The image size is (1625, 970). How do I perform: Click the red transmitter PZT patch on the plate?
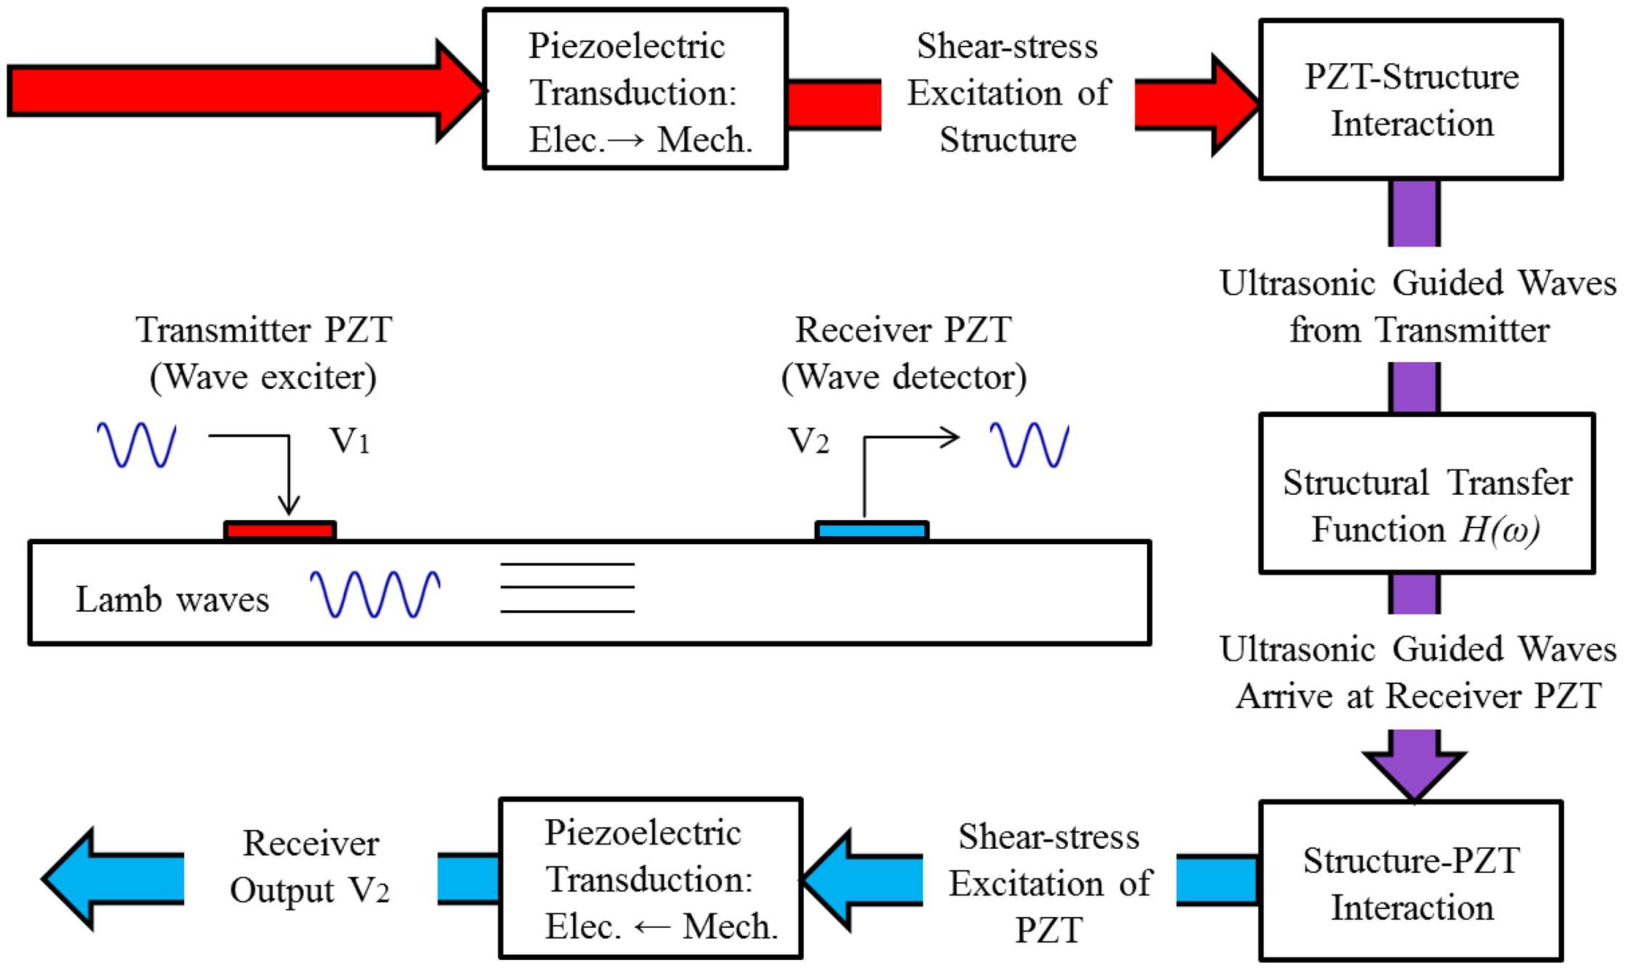tap(280, 531)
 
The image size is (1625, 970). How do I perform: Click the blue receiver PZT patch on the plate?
tap(871, 531)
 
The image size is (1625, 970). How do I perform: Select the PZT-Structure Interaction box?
tap(1410, 100)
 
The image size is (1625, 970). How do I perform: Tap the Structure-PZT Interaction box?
tap(1410, 881)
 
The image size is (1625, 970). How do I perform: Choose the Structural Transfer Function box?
tap(1426, 493)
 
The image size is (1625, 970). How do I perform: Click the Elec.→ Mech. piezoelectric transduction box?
tap(635, 89)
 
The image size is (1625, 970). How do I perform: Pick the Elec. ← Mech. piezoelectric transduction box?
tap(651, 879)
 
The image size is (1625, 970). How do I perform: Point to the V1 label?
tap(350, 440)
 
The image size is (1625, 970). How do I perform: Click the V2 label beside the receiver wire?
tap(808, 440)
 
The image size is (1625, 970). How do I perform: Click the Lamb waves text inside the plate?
tap(172, 600)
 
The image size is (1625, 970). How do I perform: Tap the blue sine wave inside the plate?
tap(375, 594)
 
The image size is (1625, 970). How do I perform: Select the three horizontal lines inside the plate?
tap(567, 588)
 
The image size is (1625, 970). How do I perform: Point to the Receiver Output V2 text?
tap(310, 867)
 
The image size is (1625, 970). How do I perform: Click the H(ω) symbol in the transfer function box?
tap(1499, 530)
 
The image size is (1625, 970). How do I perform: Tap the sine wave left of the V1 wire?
tap(136, 445)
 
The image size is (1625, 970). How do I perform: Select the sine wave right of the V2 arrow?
tap(1029, 445)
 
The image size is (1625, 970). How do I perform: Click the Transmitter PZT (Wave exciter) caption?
tap(263, 353)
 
